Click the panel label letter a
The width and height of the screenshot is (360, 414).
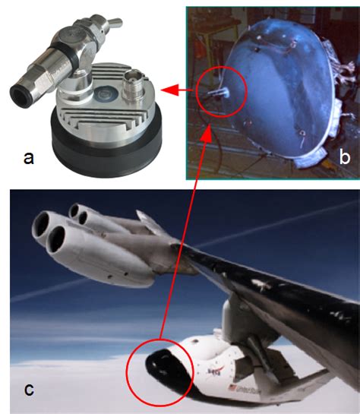pos(29,158)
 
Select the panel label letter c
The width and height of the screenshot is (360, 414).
pos(28,390)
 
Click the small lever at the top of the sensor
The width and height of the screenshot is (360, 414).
pos(115,13)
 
